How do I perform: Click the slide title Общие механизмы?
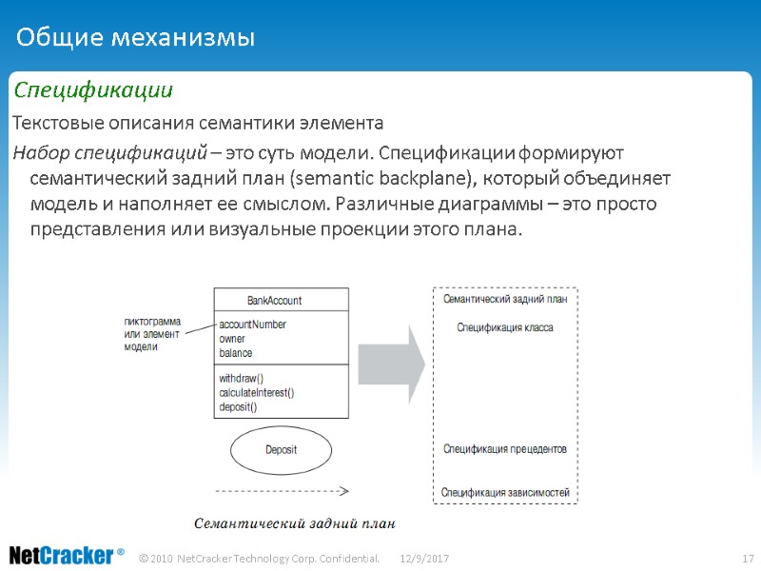tap(136, 38)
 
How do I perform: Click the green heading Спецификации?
tap(92, 91)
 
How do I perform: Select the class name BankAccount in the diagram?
tap(275, 300)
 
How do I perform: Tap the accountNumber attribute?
tap(252, 325)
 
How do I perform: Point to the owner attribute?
tap(232, 339)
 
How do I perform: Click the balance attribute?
tap(236, 353)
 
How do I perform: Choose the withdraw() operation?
tap(241, 378)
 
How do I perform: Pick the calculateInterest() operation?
tap(257, 392)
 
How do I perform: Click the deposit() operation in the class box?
tap(238, 406)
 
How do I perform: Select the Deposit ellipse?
tap(281, 449)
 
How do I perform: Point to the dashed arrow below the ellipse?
tap(281, 492)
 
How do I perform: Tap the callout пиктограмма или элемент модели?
tap(152, 334)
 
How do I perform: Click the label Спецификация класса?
tap(505, 327)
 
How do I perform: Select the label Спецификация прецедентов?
tap(505, 448)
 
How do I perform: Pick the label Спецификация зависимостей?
tap(505, 492)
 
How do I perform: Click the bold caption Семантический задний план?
tap(294, 524)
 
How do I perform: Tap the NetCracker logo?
tap(67, 555)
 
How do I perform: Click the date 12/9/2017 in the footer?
tap(424, 557)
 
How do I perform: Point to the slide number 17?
tap(747, 557)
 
